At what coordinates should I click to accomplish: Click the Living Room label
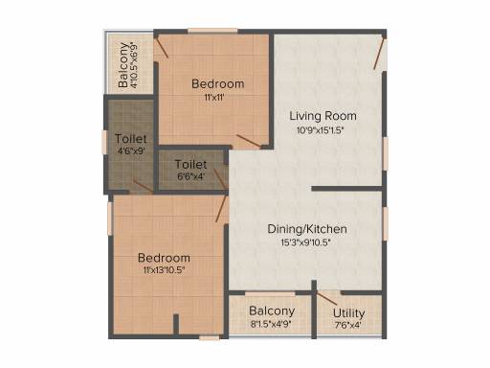pos(323,116)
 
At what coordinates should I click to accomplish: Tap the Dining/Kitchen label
pos(307,229)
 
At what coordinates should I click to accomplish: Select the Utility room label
pos(348,313)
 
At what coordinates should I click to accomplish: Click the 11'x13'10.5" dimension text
pos(164,270)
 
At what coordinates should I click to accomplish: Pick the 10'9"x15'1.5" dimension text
pos(320,130)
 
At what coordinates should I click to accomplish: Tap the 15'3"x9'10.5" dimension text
pos(305,242)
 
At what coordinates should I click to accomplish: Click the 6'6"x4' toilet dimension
pos(190,176)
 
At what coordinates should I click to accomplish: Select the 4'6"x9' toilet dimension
pos(131,150)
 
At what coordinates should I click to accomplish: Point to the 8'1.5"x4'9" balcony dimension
pos(271,325)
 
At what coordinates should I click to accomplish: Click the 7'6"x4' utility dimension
pos(347,326)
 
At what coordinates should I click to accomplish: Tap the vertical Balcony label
pos(123,65)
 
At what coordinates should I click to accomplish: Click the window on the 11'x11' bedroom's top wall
pos(212,31)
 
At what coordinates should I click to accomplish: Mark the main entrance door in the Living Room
pos(380,54)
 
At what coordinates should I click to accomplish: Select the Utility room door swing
pos(327,298)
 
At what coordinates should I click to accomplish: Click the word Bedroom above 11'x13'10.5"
pos(164,258)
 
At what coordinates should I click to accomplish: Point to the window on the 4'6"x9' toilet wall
pos(104,142)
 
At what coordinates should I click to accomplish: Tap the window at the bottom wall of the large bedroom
pos(210,337)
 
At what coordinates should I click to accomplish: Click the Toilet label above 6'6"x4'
pos(190,165)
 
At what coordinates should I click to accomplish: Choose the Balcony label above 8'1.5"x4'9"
pos(272,310)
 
